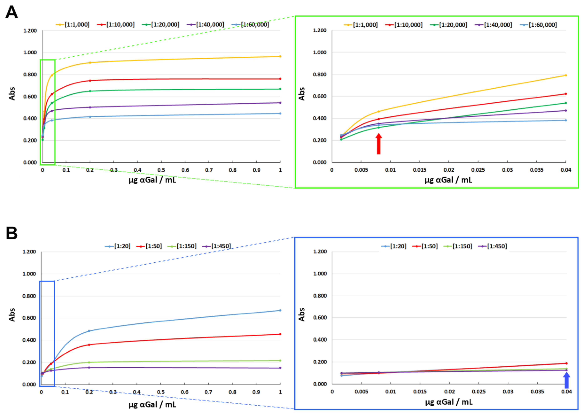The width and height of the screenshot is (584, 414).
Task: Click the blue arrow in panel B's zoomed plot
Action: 566,380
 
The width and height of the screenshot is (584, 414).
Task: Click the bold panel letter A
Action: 11,12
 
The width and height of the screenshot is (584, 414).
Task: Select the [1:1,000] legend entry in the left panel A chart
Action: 73,25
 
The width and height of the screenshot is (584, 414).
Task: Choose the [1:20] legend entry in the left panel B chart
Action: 118,246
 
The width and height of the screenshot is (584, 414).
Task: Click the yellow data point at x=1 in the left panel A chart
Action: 280,56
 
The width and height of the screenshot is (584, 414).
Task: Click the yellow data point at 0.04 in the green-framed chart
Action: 566,75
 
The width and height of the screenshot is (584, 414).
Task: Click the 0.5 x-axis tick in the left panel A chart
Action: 161,170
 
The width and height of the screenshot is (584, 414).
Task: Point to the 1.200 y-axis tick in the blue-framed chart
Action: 320,252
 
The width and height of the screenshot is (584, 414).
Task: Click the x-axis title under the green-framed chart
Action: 448,180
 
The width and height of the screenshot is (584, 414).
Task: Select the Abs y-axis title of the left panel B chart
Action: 12,315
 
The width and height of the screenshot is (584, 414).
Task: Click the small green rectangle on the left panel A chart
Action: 47,112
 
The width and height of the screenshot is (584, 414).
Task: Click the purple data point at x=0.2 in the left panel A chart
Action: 90,107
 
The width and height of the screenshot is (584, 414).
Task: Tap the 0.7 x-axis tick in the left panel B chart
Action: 208,392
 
